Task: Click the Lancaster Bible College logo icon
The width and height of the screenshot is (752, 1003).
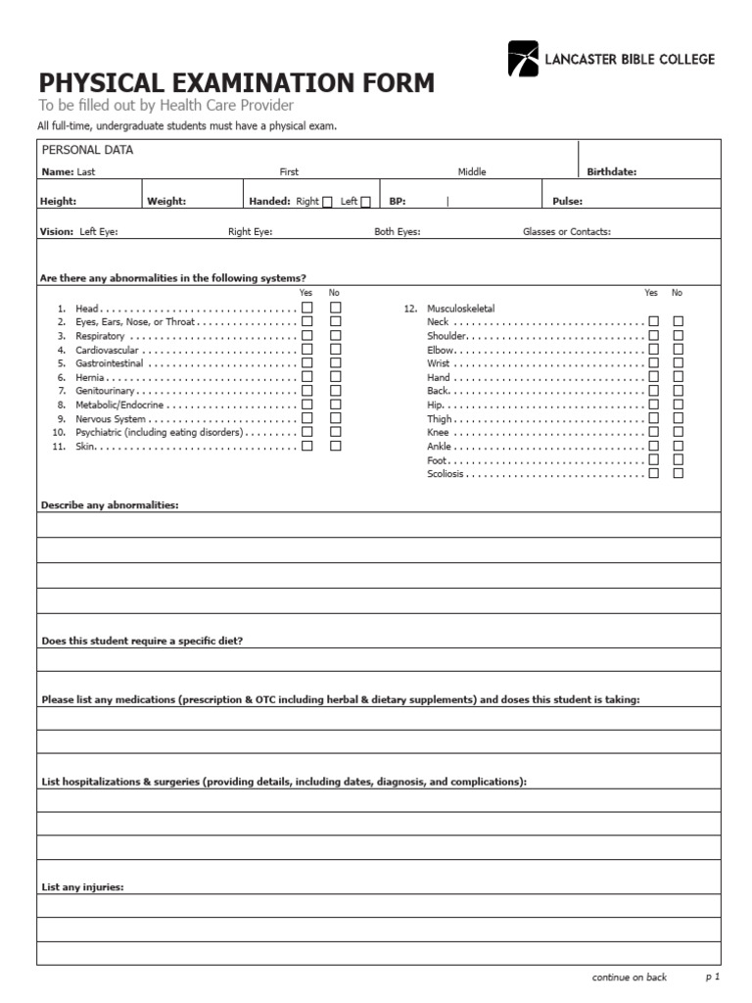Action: pos(523,59)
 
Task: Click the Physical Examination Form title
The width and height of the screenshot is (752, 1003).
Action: pos(236,83)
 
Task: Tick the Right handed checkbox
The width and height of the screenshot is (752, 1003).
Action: pos(327,202)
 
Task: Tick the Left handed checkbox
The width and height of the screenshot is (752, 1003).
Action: pos(365,202)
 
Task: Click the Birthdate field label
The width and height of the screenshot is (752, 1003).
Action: pos(612,171)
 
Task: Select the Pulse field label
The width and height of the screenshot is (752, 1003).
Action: pos(567,202)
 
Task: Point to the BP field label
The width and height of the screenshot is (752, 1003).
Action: pos(398,202)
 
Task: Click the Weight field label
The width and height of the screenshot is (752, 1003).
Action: pos(166,202)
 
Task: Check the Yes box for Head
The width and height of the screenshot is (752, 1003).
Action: pos(307,308)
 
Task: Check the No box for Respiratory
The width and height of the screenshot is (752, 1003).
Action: pos(336,335)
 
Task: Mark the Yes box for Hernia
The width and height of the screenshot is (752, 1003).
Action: pos(307,377)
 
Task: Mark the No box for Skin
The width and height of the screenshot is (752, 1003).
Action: pos(336,446)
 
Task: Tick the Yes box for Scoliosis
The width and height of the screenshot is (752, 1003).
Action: pos(653,473)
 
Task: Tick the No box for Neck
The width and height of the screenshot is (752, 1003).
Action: pos(679,321)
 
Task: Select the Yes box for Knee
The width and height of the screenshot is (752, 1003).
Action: pos(653,432)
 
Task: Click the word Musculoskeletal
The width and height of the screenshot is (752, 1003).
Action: pos(461,308)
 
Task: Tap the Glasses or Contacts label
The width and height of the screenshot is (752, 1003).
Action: pos(567,232)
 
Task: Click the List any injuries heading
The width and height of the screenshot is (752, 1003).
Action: pos(82,887)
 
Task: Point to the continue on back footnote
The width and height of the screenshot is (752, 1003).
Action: pos(630,977)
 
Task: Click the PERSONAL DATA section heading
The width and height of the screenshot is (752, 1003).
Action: pos(87,150)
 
